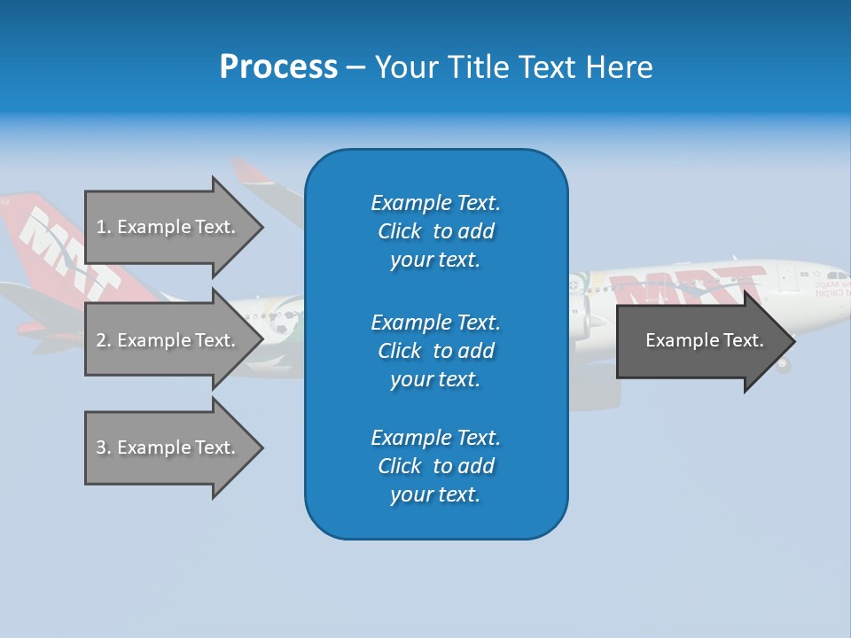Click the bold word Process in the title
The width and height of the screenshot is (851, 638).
click(x=278, y=66)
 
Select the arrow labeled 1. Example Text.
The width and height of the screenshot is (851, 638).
click(x=168, y=227)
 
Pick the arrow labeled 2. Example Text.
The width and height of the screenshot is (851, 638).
click(x=168, y=340)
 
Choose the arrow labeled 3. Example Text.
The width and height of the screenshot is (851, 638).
click(x=168, y=447)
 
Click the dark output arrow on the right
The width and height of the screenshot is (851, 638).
click(x=700, y=340)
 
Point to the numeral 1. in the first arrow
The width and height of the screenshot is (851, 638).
click(x=103, y=227)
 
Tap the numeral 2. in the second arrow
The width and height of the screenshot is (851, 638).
click(x=103, y=340)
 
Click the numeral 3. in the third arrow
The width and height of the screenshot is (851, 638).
click(x=103, y=447)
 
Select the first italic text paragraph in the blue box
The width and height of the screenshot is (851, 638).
click(x=435, y=231)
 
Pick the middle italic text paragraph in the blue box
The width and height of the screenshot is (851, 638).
click(x=435, y=351)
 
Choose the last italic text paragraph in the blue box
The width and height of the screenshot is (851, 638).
click(x=435, y=466)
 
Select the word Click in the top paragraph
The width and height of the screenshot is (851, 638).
click(x=400, y=231)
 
